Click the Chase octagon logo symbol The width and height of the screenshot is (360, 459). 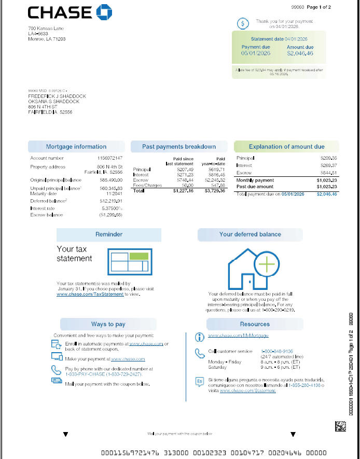point(104,12)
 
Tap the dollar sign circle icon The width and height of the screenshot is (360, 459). point(243,23)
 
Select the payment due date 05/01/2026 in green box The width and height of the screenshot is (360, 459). point(256,53)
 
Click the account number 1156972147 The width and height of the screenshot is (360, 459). point(109,158)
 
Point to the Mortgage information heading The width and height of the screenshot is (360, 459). point(76,147)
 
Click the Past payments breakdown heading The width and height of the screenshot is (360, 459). point(179,147)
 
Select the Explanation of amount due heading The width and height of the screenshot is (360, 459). point(286,147)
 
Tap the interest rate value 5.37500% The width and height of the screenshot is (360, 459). point(111,208)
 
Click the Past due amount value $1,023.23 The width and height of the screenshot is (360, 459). point(326,186)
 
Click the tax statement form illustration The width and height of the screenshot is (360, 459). point(130,261)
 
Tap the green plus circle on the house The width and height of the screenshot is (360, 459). point(267,265)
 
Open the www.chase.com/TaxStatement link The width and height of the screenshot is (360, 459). point(90,294)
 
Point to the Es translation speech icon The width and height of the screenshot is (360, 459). point(200,382)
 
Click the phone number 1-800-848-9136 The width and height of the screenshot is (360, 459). point(277,351)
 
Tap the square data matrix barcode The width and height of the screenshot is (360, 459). point(340,427)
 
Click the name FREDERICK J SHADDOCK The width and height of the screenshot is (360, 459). point(57,96)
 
